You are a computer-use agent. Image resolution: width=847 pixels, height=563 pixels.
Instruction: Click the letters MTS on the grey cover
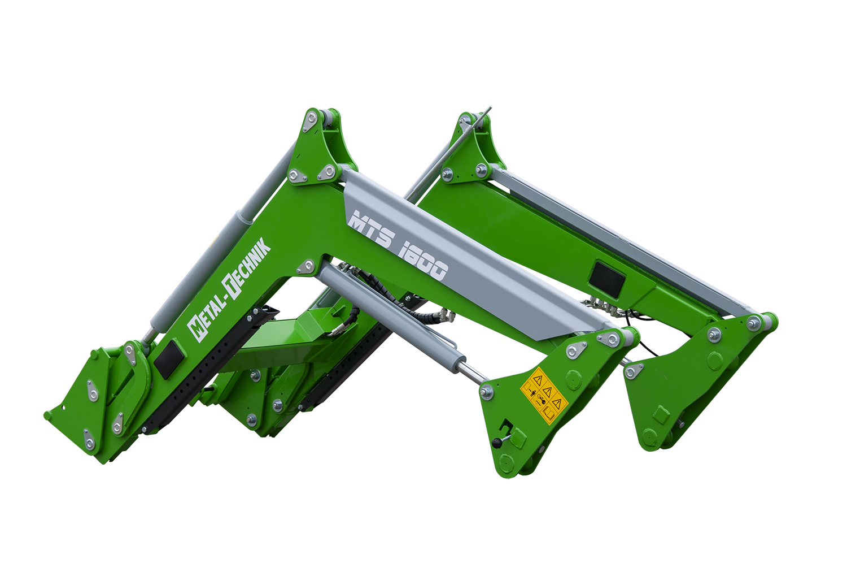[372, 229]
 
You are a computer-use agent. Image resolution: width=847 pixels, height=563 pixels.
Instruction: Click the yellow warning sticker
[544, 396]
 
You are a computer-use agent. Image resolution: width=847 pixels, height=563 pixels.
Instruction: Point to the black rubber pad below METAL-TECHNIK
[169, 359]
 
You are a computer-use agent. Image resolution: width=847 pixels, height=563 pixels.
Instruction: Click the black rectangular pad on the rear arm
[607, 280]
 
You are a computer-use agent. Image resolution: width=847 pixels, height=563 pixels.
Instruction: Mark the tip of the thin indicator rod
[490, 107]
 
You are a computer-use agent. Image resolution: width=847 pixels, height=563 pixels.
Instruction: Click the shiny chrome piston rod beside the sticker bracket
[471, 374]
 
